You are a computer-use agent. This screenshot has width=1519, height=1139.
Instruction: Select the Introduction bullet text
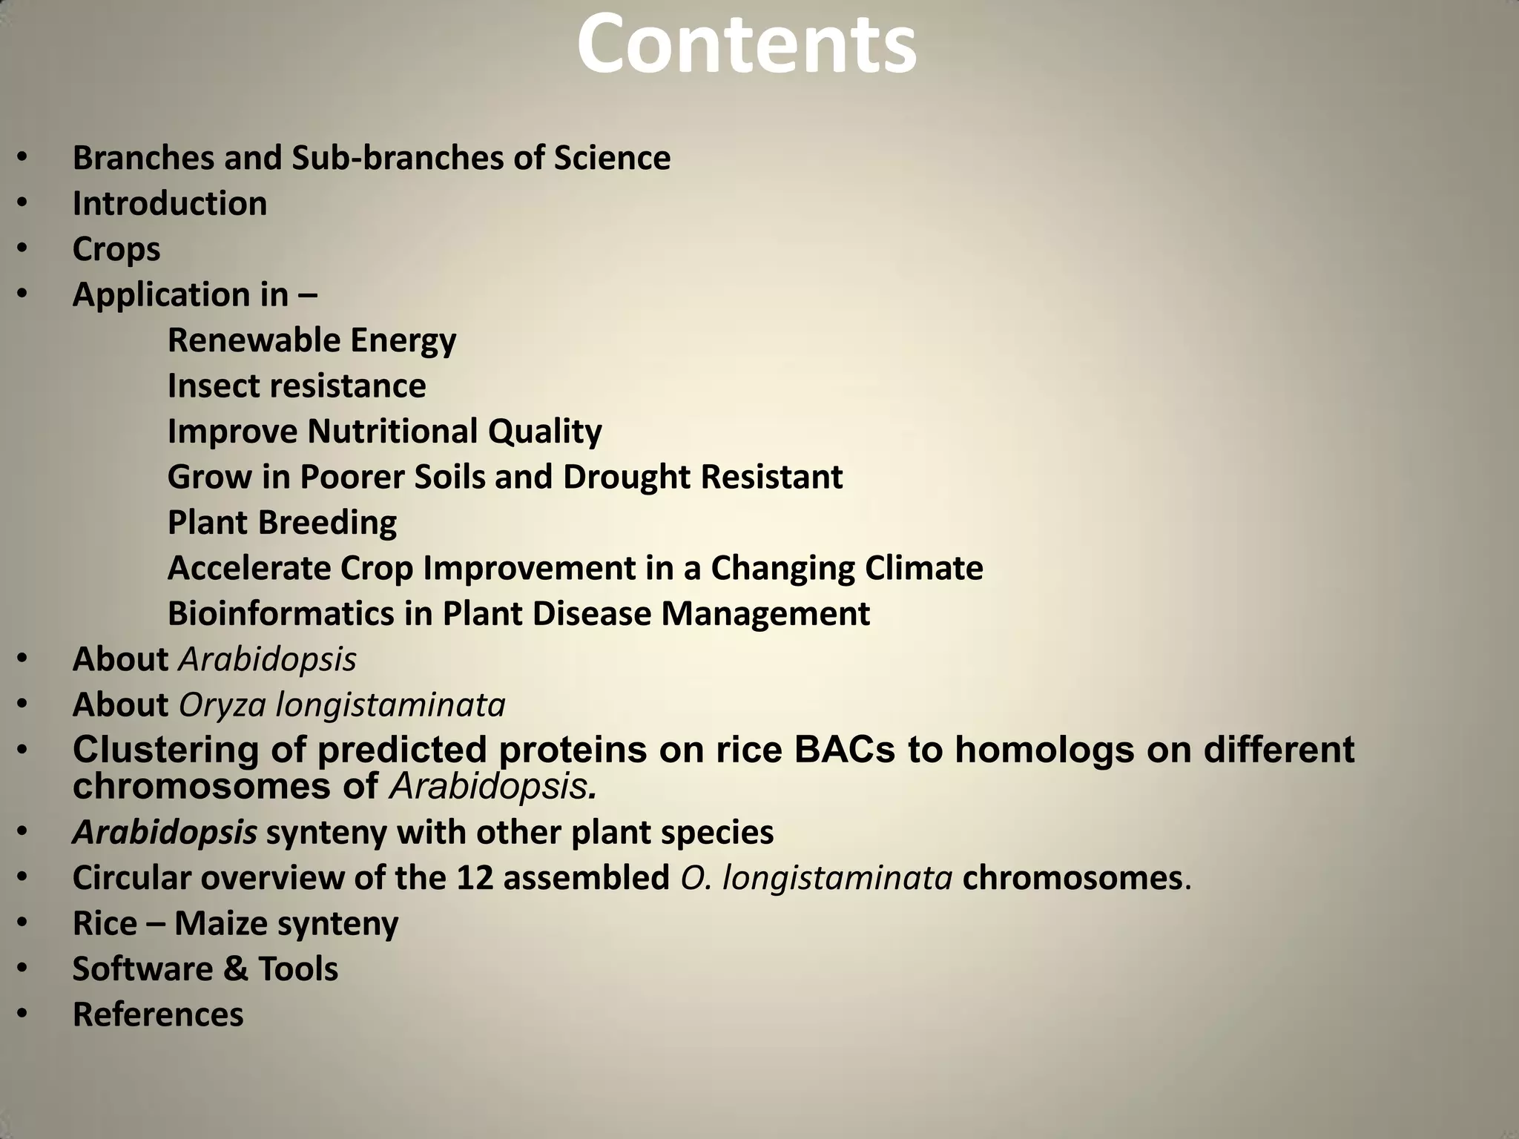170,204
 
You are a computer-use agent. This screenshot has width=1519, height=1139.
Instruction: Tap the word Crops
116,250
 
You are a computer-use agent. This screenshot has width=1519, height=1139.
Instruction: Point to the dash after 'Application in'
307,295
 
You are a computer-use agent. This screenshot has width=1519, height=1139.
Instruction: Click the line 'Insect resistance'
297,386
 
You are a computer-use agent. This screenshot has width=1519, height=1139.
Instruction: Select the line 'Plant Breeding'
282,523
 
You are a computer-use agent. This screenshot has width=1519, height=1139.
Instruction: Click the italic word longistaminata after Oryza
390,705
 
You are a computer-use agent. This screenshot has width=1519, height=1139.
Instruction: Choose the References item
158,1015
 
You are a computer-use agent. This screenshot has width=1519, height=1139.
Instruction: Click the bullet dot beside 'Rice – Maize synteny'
22,924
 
